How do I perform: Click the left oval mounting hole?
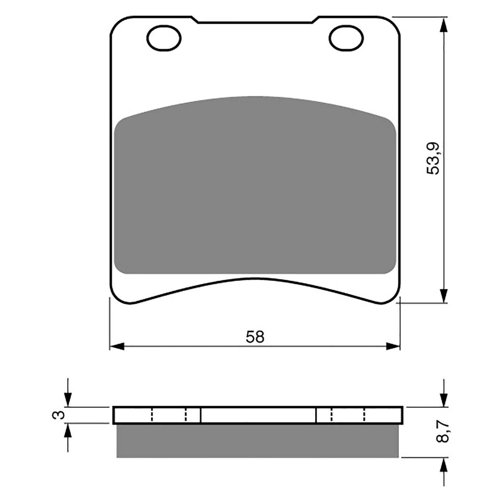click(x=164, y=38)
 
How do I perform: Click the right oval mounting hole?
click(x=346, y=38)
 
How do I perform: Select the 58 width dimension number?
click(x=255, y=337)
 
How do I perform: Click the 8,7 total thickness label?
click(x=443, y=432)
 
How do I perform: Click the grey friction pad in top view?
click(x=255, y=188)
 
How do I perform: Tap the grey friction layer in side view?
click(x=257, y=441)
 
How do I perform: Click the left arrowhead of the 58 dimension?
click(x=117, y=346)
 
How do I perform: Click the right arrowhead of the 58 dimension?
click(x=393, y=346)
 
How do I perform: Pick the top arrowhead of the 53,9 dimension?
click(x=443, y=25)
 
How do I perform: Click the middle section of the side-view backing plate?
click(x=258, y=415)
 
